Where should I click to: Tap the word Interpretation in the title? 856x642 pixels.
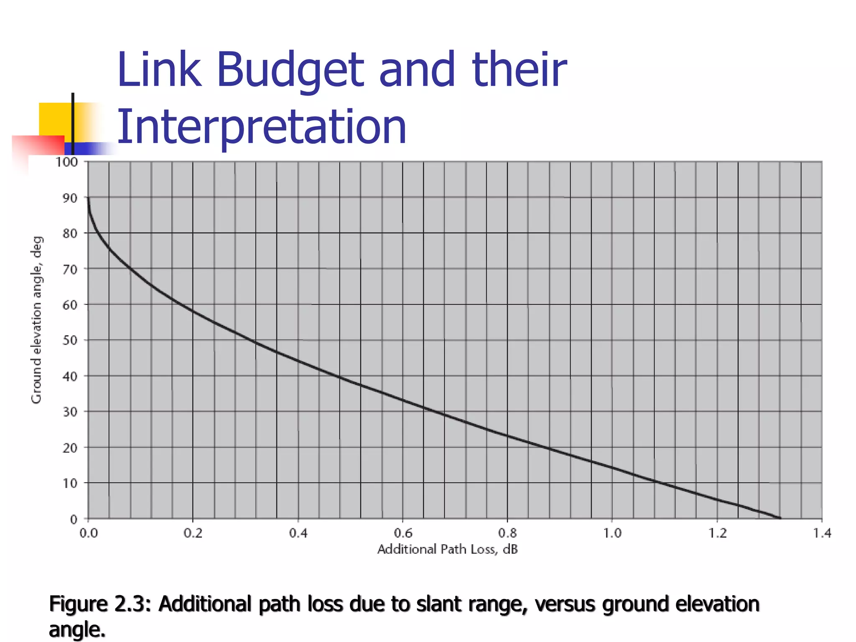[x=262, y=127]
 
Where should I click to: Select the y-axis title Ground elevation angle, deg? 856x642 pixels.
[x=37, y=320]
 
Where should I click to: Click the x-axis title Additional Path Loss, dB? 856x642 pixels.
[x=447, y=549]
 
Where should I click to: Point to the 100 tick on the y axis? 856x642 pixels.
[x=67, y=162]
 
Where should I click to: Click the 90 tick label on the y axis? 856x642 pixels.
[x=70, y=198]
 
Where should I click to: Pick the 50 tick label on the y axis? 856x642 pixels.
[x=70, y=340]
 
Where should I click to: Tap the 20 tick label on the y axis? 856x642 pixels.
[x=70, y=448]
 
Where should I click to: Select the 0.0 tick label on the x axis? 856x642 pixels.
[x=88, y=533]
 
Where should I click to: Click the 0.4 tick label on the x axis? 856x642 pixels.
[x=298, y=533]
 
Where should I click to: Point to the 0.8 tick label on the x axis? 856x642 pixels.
[x=507, y=533]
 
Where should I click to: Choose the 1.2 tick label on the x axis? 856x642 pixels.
[x=717, y=533]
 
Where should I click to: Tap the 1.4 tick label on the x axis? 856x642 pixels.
[x=822, y=533]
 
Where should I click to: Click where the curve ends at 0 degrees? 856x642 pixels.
[x=780, y=518]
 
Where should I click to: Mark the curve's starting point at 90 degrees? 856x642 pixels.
[x=88, y=198]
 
